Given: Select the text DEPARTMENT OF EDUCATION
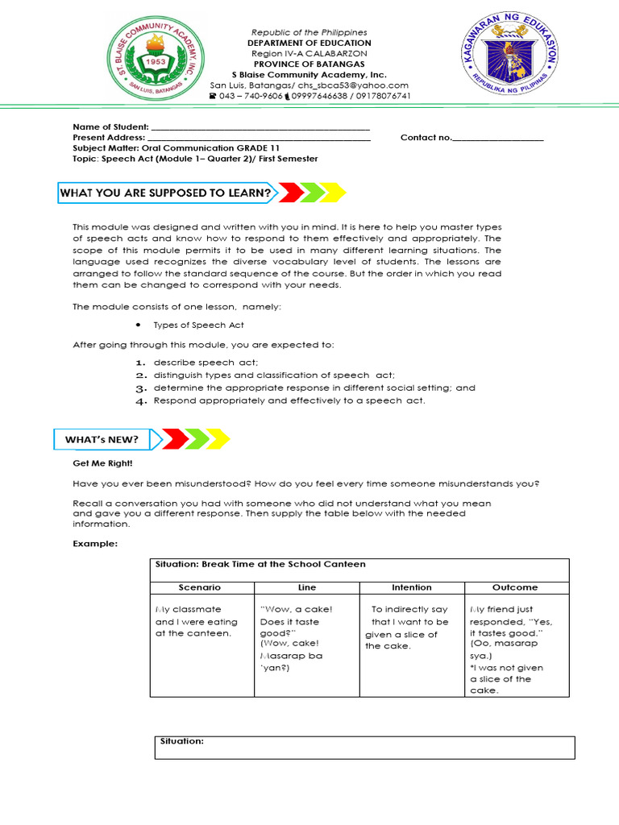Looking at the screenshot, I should pyautogui.click(x=309, y=43).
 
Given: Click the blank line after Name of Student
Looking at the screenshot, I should pyautogui.click(x=260, y=127).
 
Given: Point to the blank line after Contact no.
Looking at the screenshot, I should pyautogui.click(x=497, y=138).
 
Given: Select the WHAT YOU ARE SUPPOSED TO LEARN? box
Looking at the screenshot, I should pyautogui.click(x=166, y=193).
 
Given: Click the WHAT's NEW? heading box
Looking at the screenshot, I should pyautogui.click(x=102, y=439).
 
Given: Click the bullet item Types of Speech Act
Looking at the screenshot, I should pyautogui.click(x=198, y=325).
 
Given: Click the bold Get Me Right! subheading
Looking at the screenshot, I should pyautogui.click(x=102, y=465).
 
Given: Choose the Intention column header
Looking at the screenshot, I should pyautogui.click(x=411, y=587).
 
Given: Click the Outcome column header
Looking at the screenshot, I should pyautogui.click(x=516, y=587).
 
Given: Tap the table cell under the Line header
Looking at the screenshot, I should pyautogui.click(x=306, y=645).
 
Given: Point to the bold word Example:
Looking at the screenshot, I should pyautogui.click(x=95, y=544).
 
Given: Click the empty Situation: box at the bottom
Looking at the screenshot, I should pyautogui.click(x=364, y=747).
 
